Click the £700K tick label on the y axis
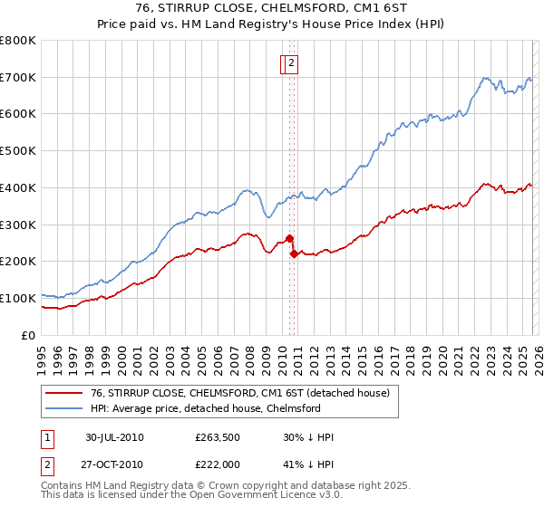point(18,78)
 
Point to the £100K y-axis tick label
point(18,298)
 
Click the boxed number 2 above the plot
point(292,63)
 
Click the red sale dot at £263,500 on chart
point(289,238)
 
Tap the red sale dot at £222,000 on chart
point(294,253)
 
